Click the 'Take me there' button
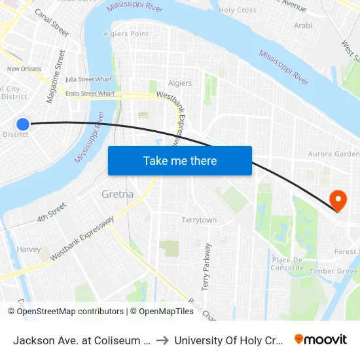coord(180,160)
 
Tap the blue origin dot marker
coord(23,124)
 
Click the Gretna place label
coord(118,194)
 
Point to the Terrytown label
coord(199,220)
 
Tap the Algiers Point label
coord(126,33)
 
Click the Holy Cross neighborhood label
coord(237,10)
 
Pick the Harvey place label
coord(29,249)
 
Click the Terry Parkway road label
coord(207,266)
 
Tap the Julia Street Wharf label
coord(90,80)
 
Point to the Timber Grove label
coord(334,271)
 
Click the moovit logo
coord(321,340)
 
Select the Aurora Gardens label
coord(334,154)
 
